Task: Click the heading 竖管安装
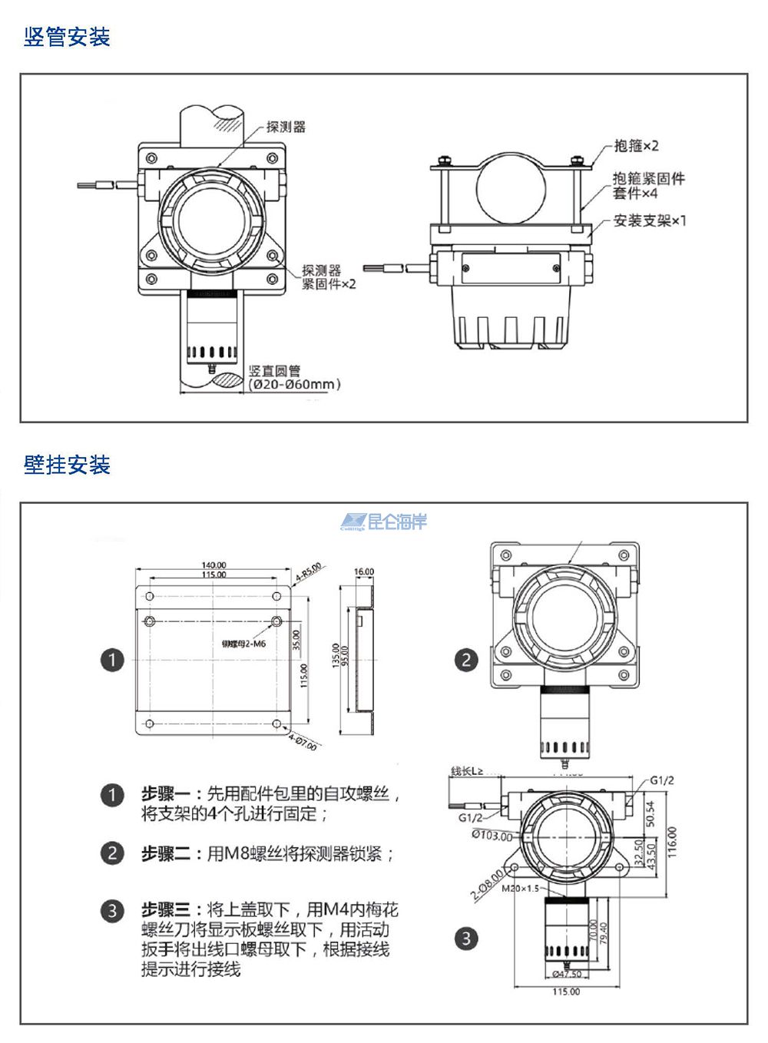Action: click(67, 37)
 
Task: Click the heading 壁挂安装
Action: click(67, 465)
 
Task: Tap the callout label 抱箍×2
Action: click(636, 146)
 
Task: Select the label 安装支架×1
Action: click(650, 221)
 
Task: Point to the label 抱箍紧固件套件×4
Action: click(648, 186)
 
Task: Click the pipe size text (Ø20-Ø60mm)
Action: click(294, 384)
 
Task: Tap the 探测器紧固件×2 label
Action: click(329, 277)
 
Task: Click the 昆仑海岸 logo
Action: click(384, 522)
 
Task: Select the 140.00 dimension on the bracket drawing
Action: click(214, 565)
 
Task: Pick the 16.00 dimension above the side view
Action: click(364, 572)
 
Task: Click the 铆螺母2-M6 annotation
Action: click(243, 644)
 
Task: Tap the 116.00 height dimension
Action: click(672, 843)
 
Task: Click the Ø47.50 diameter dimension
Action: click(567, 975)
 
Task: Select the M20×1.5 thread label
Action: click(521, 889)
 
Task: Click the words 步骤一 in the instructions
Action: click(166, 794)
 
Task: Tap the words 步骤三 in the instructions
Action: click(166, 910)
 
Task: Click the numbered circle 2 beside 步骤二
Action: click(112, 853)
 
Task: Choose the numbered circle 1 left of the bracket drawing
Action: click(112, 660)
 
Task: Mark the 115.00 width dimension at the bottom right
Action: click(566, 992)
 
